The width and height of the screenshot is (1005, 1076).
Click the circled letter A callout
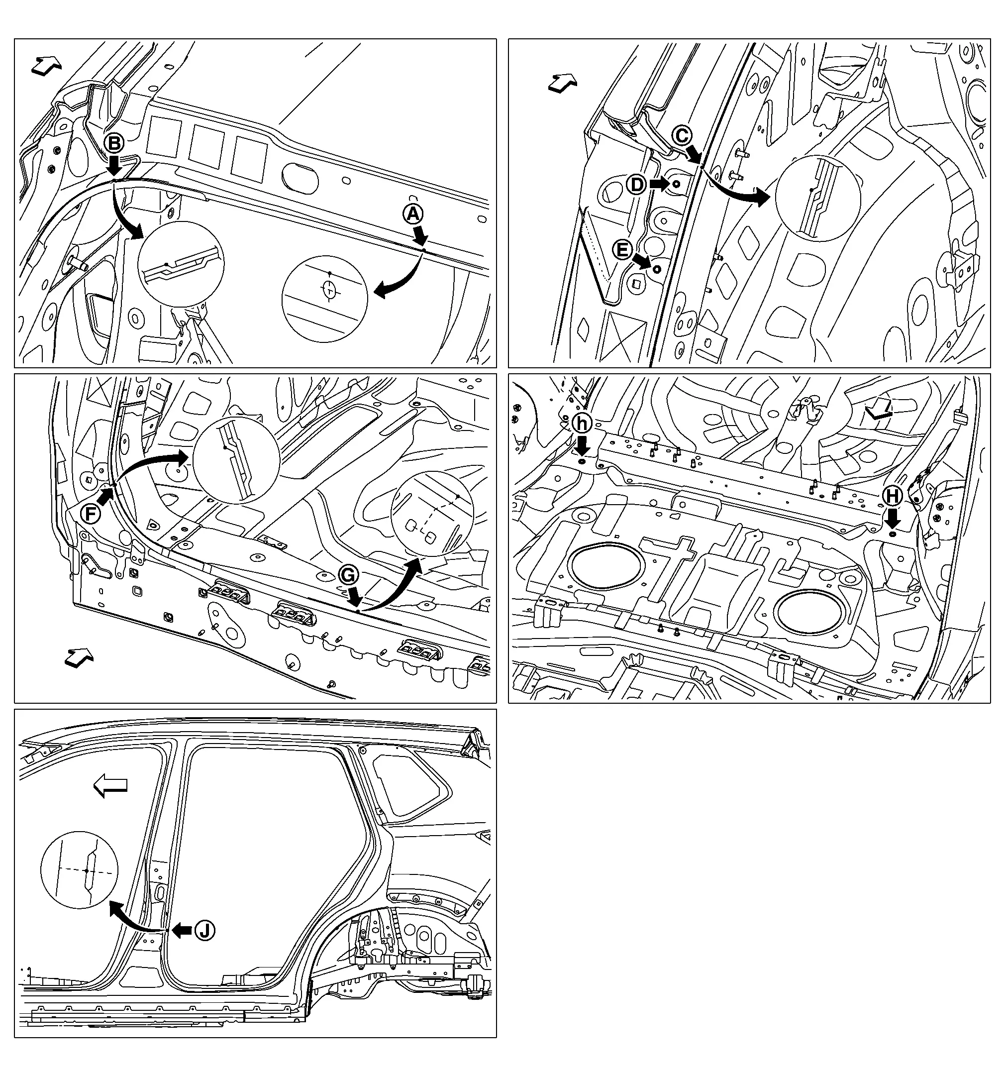click(x=413, y=215)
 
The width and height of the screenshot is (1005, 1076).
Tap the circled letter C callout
click(x=683, y=135)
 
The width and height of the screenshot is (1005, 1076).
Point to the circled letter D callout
click(x=637, y=185)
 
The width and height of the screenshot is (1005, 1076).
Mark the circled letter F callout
click(x=91, y=514)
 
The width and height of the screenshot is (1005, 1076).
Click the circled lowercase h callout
click(x=582, y=423)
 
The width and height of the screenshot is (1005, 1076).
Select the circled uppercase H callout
click(x=893, y=496)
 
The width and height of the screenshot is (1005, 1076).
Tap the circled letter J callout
click(x=204, y=930)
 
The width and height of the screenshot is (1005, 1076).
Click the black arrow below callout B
click(x=114, y=165)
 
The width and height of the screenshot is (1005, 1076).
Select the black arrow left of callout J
click(x=182, y=930)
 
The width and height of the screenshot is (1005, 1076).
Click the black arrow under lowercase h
click(x=582, y=446)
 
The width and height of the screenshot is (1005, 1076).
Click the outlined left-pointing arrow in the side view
click(x=110, y=785)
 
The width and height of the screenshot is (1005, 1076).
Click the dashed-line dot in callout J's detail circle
click(x=87, y=871)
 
